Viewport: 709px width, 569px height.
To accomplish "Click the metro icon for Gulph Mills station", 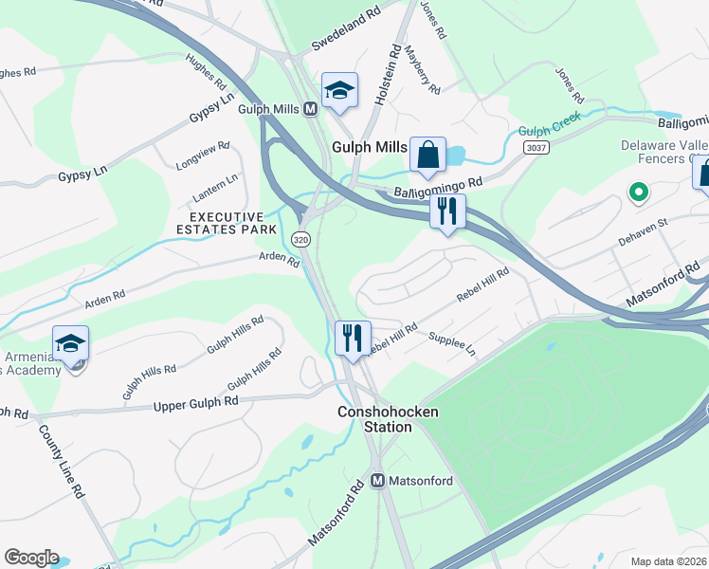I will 310,109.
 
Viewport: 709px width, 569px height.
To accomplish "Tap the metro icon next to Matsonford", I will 376,481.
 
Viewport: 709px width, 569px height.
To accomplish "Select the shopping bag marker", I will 427,154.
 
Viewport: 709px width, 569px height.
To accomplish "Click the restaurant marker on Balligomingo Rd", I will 447,211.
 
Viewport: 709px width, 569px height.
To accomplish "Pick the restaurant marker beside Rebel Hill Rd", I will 352,338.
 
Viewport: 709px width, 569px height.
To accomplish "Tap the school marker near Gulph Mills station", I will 339,91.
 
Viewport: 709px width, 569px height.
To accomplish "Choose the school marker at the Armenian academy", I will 70,344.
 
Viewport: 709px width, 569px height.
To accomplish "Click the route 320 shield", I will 300,239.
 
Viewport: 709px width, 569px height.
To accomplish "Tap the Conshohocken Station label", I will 376,419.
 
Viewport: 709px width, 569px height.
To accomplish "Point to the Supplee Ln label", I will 452,342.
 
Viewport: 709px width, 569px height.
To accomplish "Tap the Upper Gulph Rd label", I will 195,405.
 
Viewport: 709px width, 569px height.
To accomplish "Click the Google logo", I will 31,557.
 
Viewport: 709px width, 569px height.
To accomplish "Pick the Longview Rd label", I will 203,156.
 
